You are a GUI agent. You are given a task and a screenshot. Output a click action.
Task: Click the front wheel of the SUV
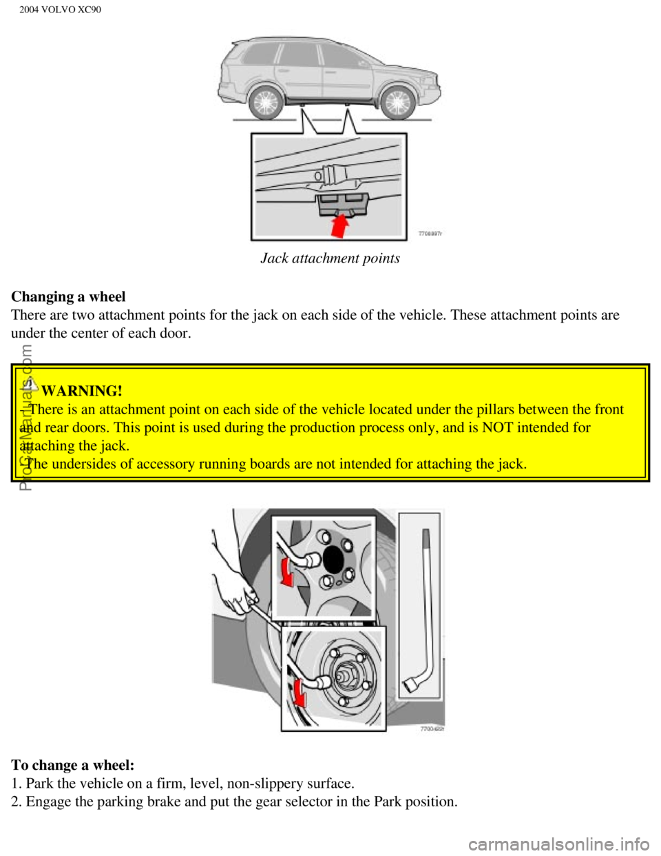point(397,103)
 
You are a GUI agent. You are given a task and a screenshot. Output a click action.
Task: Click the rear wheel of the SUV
point(265,103)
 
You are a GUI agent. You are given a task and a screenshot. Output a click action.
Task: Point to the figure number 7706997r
point(430,234)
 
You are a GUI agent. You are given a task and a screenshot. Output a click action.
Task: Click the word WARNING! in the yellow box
point(82,391)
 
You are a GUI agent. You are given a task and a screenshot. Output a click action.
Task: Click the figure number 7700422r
point(432,728)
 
